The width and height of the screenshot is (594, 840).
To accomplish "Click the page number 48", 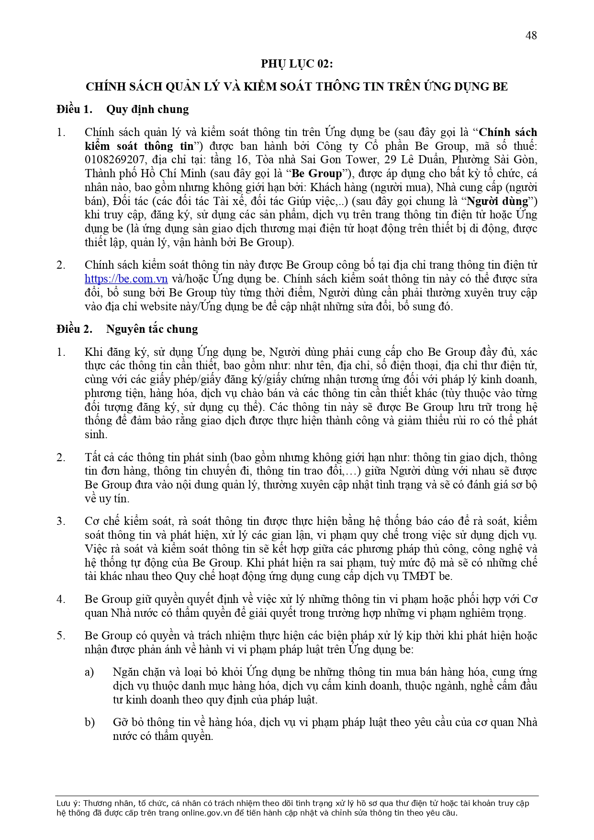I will [531, 35].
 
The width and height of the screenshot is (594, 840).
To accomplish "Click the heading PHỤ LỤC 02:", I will [296, 64].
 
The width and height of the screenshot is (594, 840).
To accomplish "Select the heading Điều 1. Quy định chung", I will [123, 109].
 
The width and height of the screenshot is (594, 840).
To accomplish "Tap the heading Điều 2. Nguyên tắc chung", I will [127, 329].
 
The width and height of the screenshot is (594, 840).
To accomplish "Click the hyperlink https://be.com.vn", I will [126, 279].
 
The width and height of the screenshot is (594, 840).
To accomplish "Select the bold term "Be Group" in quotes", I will [317, 173].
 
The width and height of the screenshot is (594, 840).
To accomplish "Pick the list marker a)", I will [90, 672].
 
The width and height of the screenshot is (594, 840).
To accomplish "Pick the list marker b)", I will [90, 722].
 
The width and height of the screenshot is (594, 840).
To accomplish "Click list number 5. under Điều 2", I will [61, 636].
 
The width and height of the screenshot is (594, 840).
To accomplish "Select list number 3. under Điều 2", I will [61, 521].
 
